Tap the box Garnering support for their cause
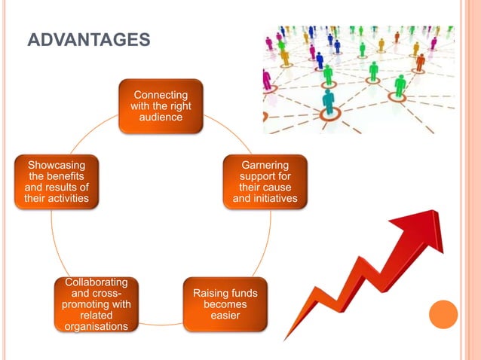pyautogui.click(x=265, y=181)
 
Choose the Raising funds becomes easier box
pyautogui.click(x=225, y=304)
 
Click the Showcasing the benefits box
pyautogui.click(x=52, y=182)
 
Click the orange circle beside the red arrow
pyautogui.click(x=443, y=314)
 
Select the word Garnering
pyautogui.click(x=265, y=163)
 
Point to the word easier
pyautogui.click(x=225, y=315)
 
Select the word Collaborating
pyautogui.click(x=97, y=282)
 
